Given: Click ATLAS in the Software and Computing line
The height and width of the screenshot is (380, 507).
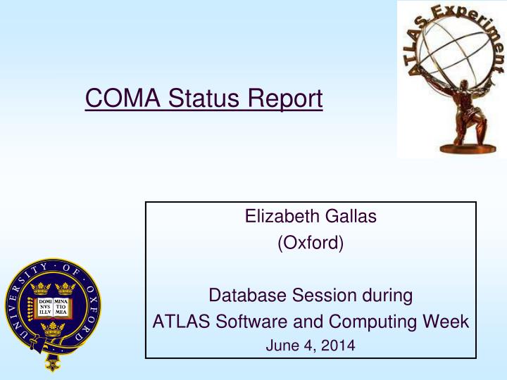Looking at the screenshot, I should pyautogui.click(x=177, y=322).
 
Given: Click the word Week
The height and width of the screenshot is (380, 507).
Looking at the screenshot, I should pyautogui.click(x=442, y=322).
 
